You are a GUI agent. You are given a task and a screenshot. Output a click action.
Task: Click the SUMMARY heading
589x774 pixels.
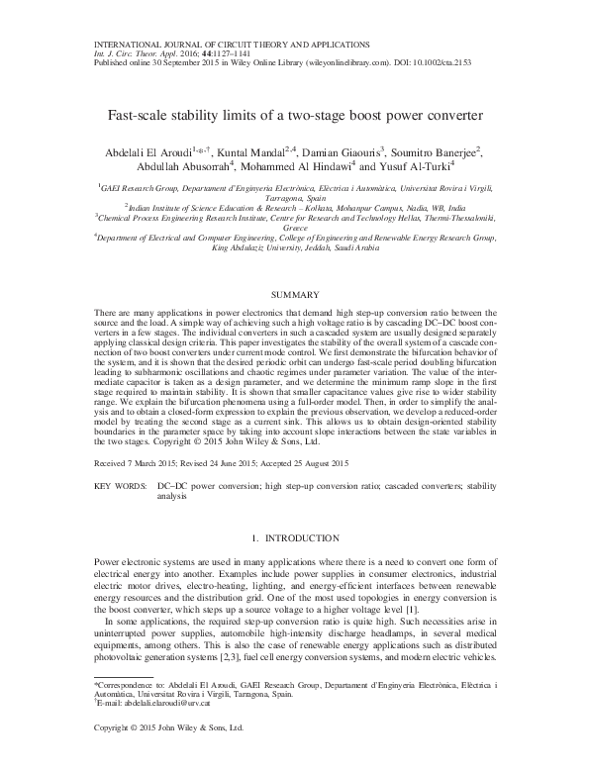294,296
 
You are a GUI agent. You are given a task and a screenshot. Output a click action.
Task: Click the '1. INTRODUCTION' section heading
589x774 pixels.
294,538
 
